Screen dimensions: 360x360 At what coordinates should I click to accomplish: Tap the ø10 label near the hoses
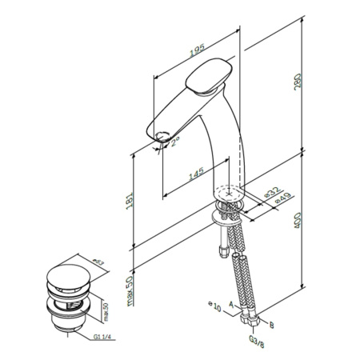coord(214,305)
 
